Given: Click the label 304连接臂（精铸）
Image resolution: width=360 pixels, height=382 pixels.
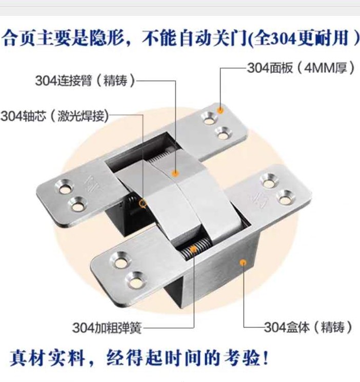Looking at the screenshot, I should (85, 81).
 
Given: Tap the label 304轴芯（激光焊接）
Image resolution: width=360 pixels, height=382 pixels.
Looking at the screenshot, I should (55, 116).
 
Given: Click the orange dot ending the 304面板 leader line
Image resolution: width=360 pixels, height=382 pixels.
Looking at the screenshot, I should (220, 109).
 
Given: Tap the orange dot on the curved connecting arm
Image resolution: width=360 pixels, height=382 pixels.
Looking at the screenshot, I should (175, 173).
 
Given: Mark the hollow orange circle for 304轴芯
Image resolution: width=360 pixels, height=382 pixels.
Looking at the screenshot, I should (143, 203).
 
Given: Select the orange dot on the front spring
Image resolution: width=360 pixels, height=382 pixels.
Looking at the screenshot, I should (193, 249).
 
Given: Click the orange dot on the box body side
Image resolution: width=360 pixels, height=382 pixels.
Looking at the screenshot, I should (243, 263).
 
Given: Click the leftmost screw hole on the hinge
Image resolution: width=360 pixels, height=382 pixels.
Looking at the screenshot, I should (65, 188).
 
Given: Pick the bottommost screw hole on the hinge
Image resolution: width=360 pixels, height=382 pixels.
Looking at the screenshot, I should (135, 282).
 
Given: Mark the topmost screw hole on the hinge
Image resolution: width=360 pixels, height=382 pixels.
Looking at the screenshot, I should (209, 118).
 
